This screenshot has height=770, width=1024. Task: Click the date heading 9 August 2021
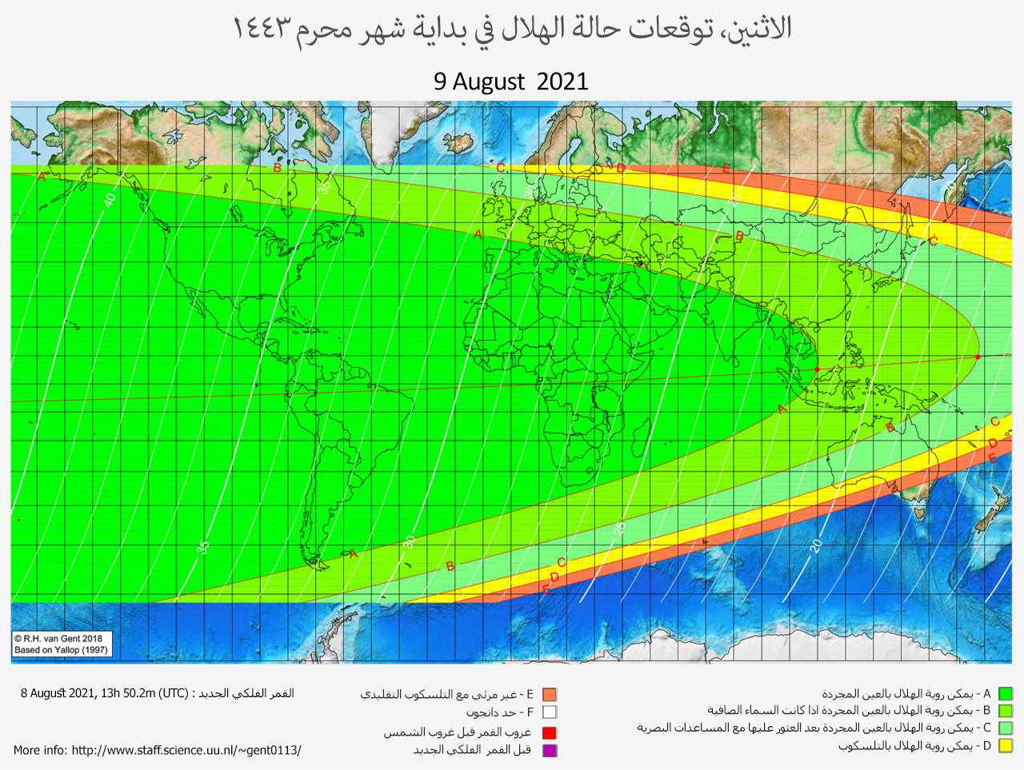510,82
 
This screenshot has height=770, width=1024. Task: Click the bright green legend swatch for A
1005,694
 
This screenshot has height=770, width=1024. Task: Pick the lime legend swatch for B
1005,711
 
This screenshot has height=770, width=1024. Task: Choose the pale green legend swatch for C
1005,728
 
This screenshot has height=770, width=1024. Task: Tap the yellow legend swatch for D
1005,746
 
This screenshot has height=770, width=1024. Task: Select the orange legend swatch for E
549,695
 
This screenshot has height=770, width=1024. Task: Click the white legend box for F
549,712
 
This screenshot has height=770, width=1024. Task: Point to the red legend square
549,732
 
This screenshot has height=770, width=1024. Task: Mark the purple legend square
549,750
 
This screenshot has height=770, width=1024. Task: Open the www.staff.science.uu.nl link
186,750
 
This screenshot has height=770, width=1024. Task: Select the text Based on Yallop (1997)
61,650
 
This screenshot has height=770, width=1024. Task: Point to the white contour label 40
109,198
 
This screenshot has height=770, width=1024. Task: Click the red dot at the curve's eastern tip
978,357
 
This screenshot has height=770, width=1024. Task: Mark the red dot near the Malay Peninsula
817,369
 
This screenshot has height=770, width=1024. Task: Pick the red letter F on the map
546,590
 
